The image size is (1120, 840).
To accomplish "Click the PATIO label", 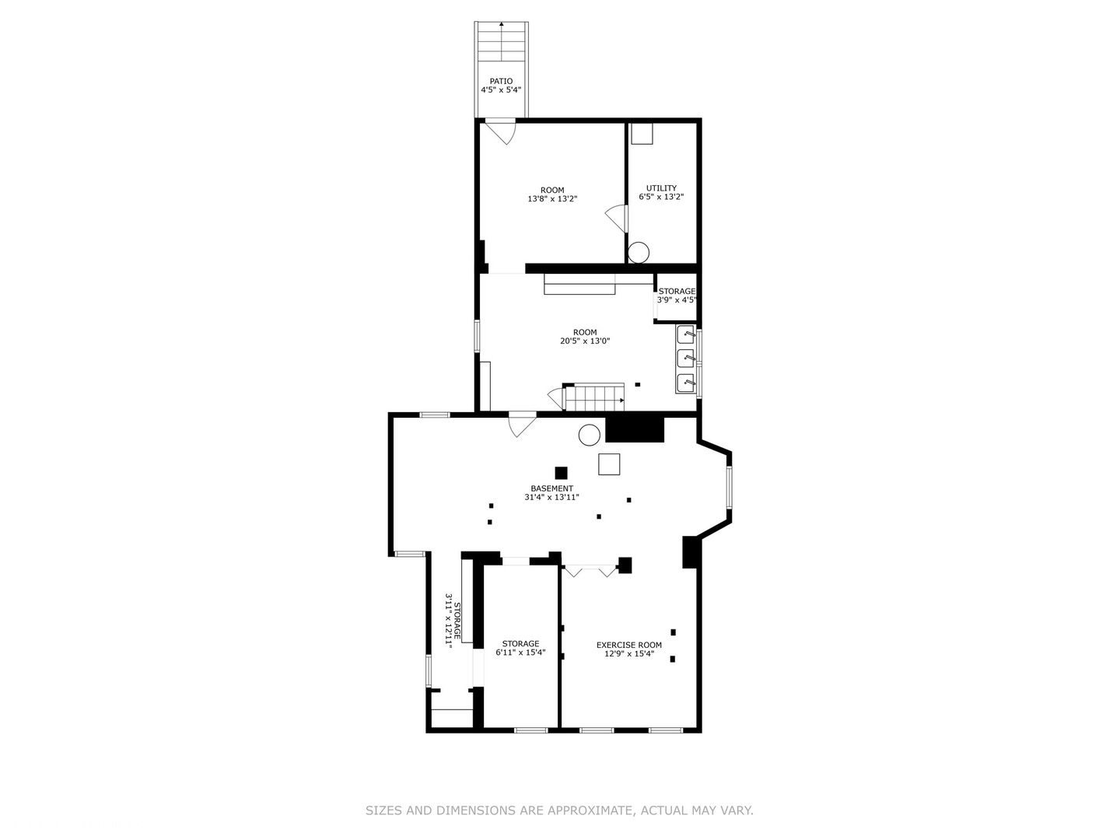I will tap(501, 81).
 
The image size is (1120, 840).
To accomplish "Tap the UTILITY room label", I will tap(661, 187).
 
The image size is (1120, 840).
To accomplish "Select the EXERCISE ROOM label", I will tap(629, 645).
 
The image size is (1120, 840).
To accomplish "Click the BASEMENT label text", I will tap(552, 488).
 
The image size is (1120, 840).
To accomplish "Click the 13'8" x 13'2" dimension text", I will tap(552, 199).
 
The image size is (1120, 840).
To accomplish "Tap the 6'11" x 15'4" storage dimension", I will tap(520, 653).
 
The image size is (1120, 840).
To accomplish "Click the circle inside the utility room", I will tap(639, 252).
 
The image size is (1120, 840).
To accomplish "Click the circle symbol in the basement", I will tap(589, 435).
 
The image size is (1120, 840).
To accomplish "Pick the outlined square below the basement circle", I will tap(609, 464).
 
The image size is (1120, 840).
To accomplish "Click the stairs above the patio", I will tap(502, 42).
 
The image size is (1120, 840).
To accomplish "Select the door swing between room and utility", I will tap(617, 218).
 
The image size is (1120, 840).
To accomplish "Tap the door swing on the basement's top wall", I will tap(521, 425).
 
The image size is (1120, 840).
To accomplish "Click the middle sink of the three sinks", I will tap(685, 359).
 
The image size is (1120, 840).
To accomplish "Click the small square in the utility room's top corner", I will tap(642, 134).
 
